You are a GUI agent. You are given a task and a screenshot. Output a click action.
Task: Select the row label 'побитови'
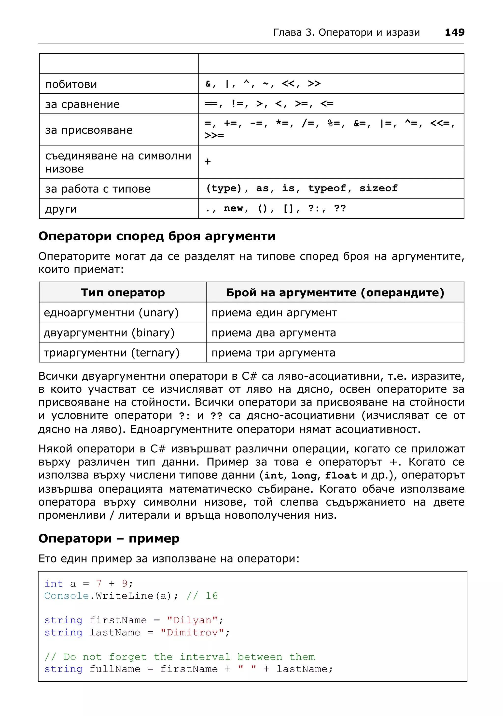click(71, 84)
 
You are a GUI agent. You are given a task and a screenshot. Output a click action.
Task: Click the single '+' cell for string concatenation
click(208, 161)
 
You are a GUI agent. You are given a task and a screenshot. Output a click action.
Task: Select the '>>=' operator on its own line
click(214, 135)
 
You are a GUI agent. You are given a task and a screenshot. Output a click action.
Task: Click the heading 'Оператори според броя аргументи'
click(157, 236)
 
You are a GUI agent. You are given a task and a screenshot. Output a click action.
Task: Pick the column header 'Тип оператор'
click(123, 292)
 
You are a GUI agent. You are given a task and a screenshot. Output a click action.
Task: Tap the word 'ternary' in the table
click(155, 353)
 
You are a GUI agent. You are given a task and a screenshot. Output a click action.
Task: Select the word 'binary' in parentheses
click(153, 333)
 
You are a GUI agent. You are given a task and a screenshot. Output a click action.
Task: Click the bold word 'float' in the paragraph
click(340, 475)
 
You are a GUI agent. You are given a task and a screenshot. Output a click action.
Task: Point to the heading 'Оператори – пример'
click(109, 538)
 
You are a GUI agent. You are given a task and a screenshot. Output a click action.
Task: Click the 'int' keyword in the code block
click(54, 584)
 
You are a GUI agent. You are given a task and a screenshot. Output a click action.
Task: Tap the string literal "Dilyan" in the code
click(192, 620)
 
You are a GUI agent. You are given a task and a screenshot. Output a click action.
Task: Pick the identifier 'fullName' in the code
click(115, 669)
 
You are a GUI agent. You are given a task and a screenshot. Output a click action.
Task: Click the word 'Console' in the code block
click(66, 596)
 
